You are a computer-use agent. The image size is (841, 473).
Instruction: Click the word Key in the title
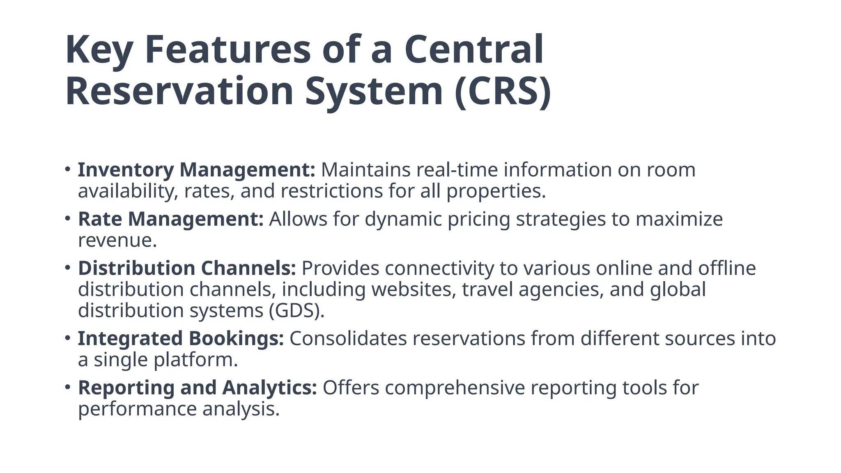tap(99, 50)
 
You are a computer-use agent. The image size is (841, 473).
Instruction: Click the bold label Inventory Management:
tap(196, 170)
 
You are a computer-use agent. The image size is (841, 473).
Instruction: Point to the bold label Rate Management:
tap(170, 219)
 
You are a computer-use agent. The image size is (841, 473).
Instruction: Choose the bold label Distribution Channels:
tap(187, 268)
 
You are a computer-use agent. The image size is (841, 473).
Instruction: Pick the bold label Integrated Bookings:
tap(181, 339)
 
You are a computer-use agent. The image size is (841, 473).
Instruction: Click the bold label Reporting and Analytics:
tap(197, 388)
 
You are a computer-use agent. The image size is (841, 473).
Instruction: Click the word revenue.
tap(117, 241)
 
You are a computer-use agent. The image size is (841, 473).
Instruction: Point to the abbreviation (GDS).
tap(296, 310)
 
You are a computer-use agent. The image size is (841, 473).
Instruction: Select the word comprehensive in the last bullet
tap(455, 388)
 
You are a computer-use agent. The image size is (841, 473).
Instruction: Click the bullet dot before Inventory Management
tap(68, 169)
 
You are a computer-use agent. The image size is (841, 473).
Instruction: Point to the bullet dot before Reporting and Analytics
tap(68, 387)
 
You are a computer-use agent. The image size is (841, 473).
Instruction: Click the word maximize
tap(679, 219)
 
